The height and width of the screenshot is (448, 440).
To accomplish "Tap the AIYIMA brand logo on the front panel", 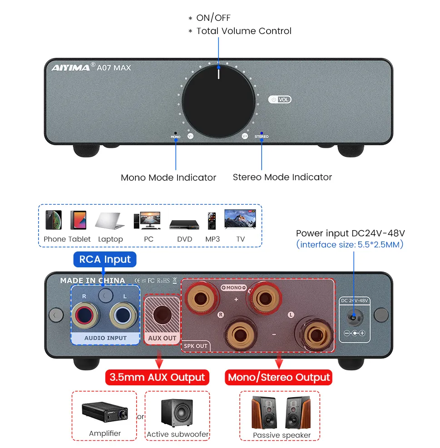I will tap(70, 68).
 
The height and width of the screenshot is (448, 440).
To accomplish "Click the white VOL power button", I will tap(280, 99).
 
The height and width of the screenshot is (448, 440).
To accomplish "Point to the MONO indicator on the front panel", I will tap(176, 134).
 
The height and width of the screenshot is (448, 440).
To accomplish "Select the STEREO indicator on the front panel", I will tap(262, 134).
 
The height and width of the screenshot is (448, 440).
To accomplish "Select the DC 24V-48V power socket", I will tap(354, 318).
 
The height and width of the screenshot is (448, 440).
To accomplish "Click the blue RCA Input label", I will tap(105, 260).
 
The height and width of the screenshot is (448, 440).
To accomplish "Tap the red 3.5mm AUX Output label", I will tap(157, 377).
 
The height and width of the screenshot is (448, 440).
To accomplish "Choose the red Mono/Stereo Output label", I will tap(279, 377).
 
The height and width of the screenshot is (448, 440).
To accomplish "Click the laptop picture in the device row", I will tap(110, 221).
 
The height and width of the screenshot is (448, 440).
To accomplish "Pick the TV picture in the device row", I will tap(240, 219).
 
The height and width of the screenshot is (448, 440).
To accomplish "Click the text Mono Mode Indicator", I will tap(168, 177).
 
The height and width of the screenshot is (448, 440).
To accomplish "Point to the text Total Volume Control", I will tap(244, 31).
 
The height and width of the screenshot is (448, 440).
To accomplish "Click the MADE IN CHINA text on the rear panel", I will tap(93, 281).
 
